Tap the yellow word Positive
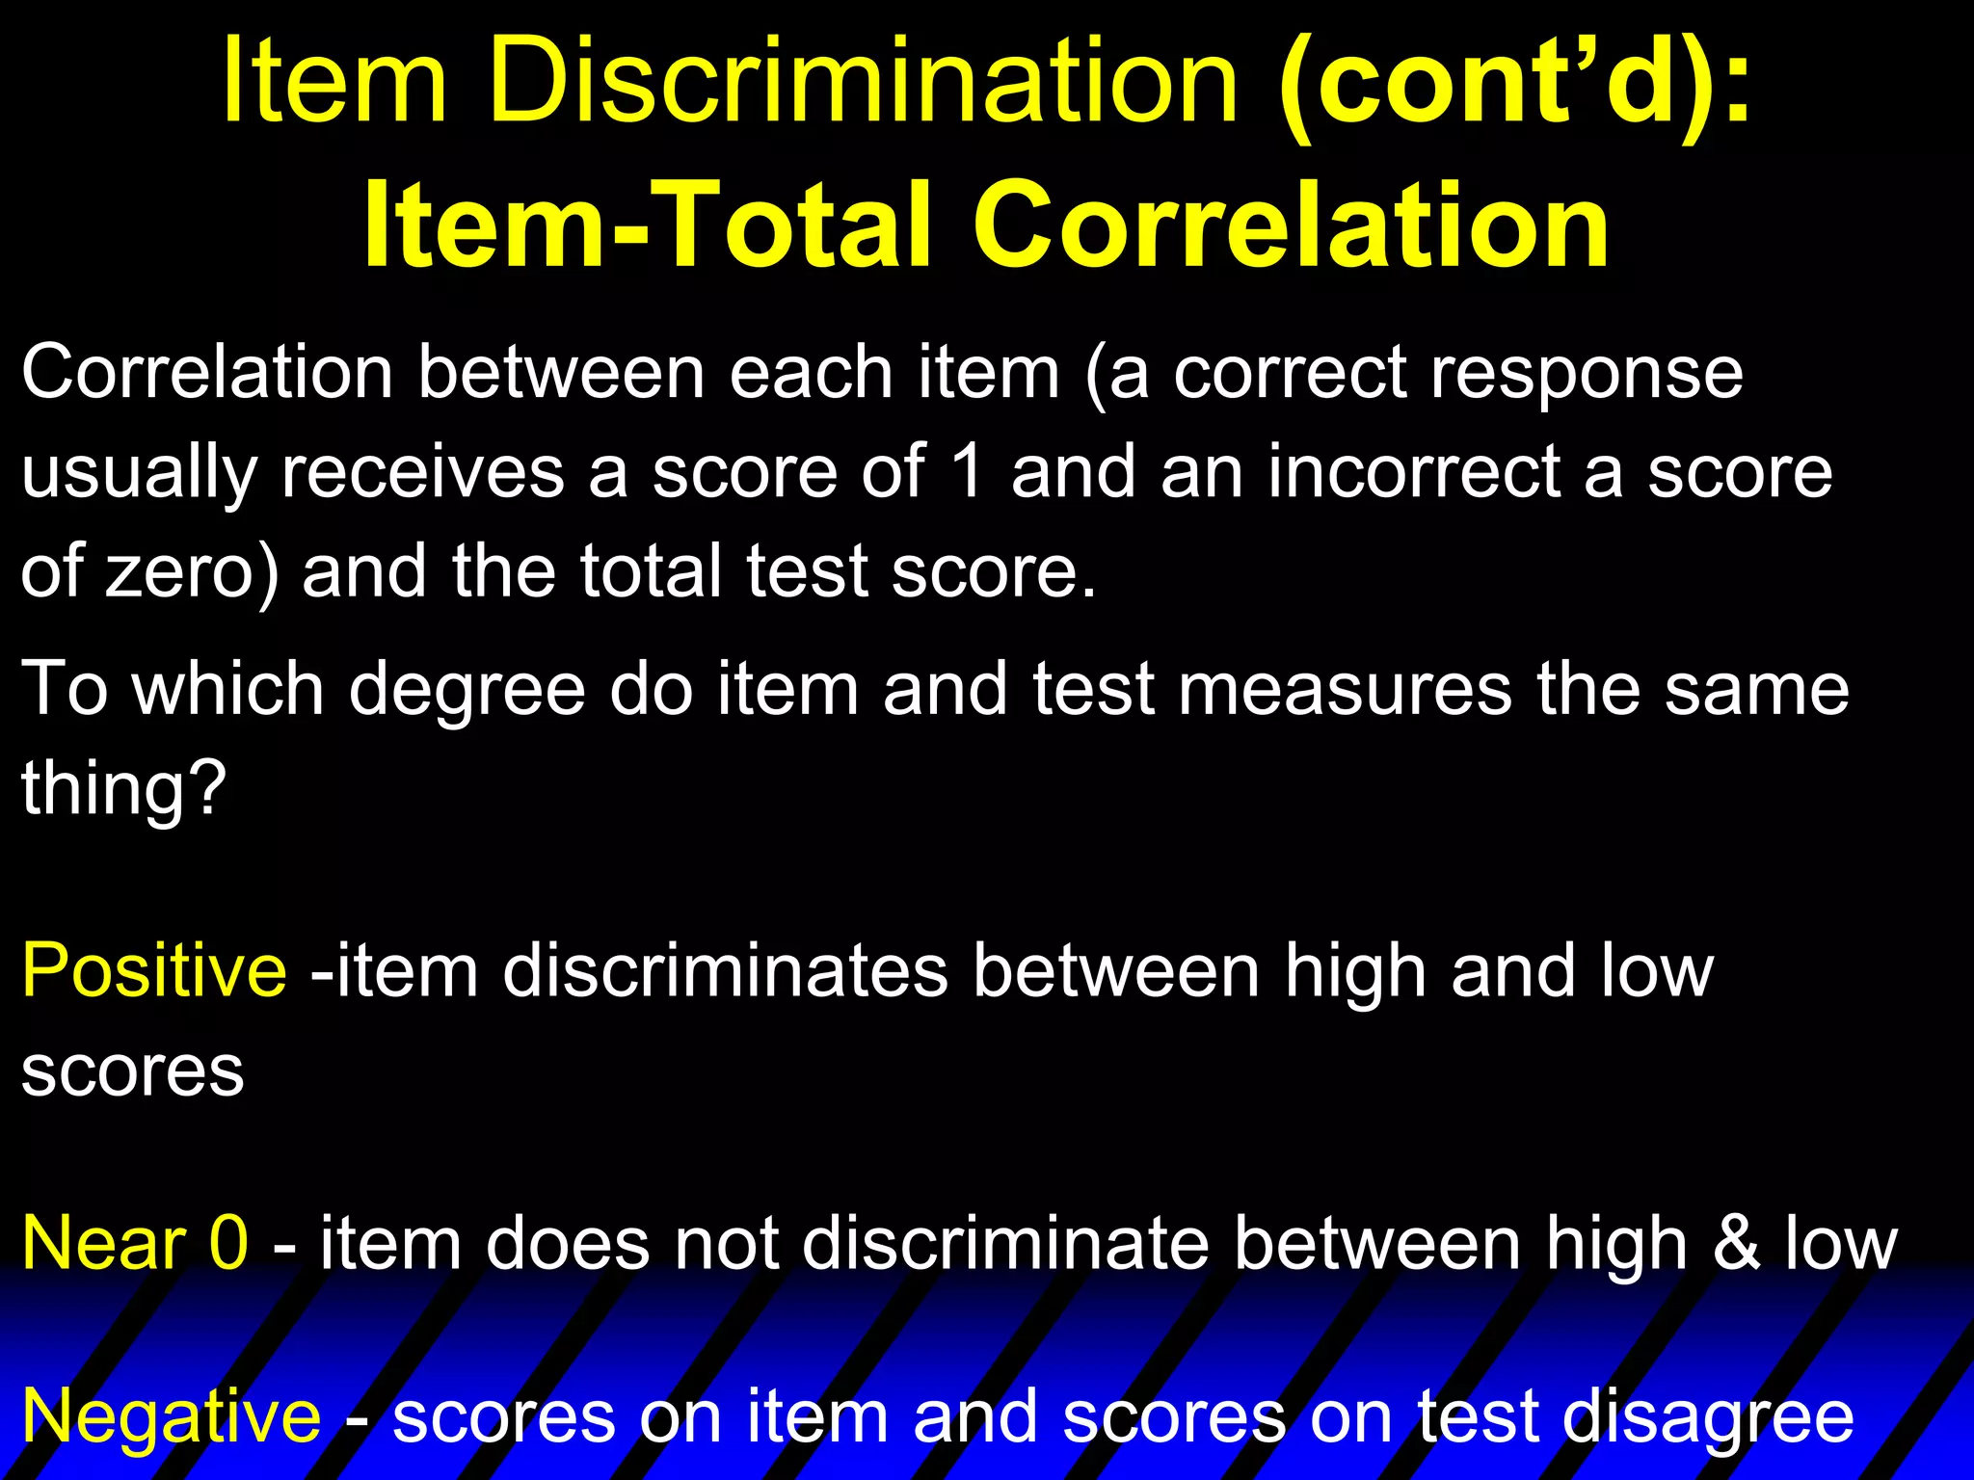coord(153,971)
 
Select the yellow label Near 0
coord(135,1244)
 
